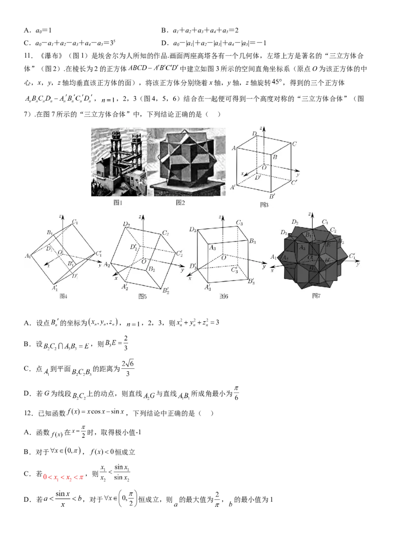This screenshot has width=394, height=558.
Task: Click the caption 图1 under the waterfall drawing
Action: point(118,203)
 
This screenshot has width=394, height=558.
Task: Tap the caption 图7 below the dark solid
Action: point(316,296)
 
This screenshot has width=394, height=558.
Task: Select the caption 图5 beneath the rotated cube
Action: point(142,296)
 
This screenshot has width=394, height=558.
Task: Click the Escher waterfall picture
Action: point(119,162)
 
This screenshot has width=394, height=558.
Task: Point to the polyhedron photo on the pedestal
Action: point(186,162)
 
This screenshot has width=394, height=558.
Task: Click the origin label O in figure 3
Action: point(264,167)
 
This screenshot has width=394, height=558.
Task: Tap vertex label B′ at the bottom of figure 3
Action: point(272,197)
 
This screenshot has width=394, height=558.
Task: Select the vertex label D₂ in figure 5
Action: point(126,224)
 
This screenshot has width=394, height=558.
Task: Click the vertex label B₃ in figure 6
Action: point(252,241)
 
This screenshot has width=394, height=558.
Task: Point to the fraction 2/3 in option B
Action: point(126,343)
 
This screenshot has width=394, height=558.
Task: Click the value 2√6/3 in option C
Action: point(128,368)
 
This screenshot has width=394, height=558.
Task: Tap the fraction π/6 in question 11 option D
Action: point(236,393)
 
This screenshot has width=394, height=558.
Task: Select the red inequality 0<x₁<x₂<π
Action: point(64,477)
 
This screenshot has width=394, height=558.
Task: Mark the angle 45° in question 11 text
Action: point(277,82)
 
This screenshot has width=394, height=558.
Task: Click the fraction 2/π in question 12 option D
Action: point(217,499)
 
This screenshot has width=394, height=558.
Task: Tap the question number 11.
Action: point(29,56)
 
